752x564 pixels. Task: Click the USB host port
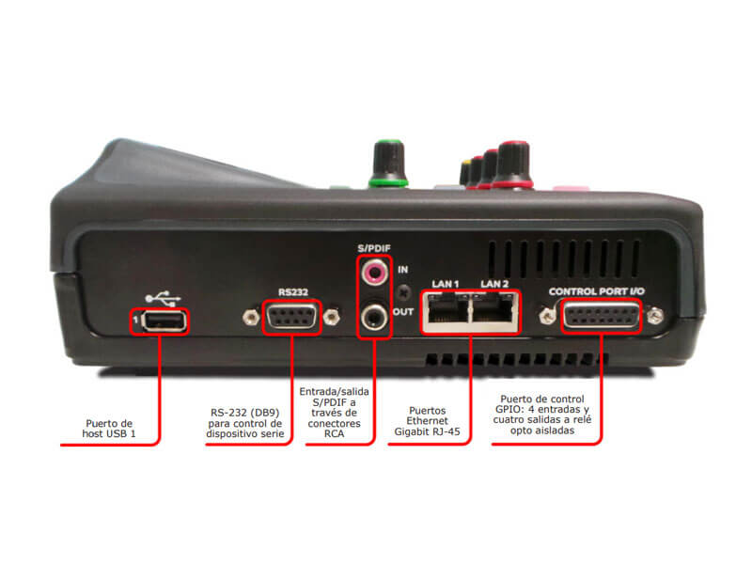click(x=164, y=321)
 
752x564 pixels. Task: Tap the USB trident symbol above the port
click(x=163, y=298)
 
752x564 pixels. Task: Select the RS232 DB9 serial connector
click(x=292, y=317)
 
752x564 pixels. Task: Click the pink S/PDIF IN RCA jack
click(x=374, y=272)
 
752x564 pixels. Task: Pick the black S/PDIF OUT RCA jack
click(x=374, y=317)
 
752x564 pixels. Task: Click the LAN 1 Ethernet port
click(x=446, y=311)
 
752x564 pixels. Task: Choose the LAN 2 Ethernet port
click(x=494, y=311)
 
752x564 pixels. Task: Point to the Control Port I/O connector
click(x=602, y=316)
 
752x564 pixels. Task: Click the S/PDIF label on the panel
click(x=374, y=248)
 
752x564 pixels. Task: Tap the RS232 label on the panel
click(x=293, y=292)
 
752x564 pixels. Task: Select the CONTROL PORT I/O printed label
click(x=597, y=291)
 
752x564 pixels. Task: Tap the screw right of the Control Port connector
click(x=655, y=316)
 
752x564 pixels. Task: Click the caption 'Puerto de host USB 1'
click(x=109, y=429)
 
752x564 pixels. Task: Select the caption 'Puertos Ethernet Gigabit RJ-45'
click(x=427, y=421)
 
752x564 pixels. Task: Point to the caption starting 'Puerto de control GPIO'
click(x=542, y=415)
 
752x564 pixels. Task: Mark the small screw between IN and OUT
click(x=404, y=291)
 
